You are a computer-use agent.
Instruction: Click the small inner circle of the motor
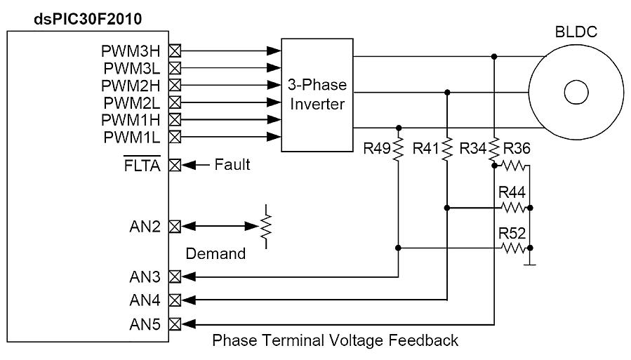click(x=576, y=93)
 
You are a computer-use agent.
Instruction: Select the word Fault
click(x=232, y=166)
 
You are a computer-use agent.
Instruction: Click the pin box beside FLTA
click(x=176, y=166)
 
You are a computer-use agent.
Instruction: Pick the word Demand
click(x=215, y=254)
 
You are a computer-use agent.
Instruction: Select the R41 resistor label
click(x=426, y=148)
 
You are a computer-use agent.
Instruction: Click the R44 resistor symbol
click(x=513, y=208)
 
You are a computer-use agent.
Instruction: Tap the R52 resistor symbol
click(x=513, y=248)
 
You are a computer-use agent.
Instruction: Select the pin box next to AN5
click(x=176, y=324)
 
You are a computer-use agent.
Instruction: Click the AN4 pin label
click(x=145, y=300)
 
